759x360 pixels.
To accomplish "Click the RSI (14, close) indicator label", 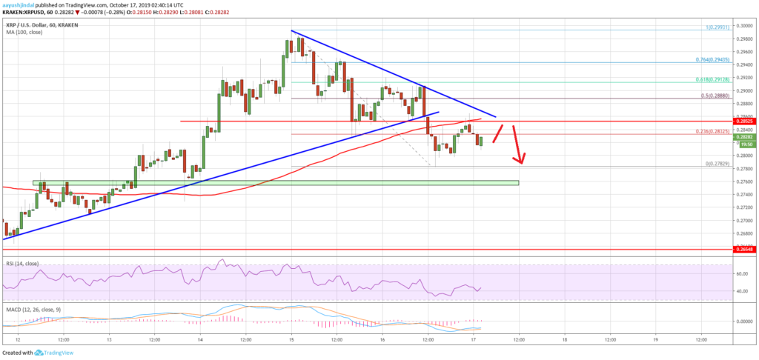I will (21, 264).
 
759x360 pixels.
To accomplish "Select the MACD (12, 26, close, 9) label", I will (30, 304).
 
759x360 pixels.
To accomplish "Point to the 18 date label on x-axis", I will (565, 339).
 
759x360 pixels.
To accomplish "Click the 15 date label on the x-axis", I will (292, 339).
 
